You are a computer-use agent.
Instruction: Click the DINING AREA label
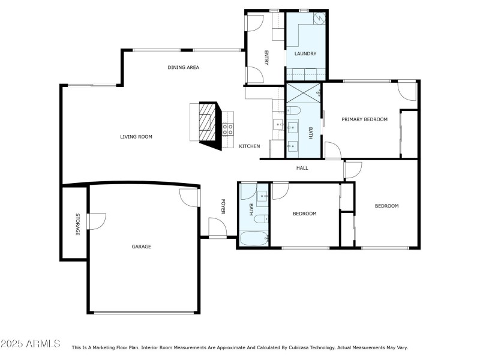tap(183, 67)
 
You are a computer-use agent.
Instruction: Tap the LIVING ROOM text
tap(136, 137)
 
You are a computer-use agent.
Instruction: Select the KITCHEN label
tap(250, 146)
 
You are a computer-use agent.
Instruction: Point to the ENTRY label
tap(266, 57)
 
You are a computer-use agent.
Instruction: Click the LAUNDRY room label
tap(305, 54)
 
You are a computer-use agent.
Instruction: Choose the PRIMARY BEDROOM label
tap(364, 119)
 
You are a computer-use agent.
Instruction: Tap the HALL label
tap(302, 168)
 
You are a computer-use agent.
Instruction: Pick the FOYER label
tap(223, 207)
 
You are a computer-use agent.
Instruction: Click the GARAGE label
tap(142, 247)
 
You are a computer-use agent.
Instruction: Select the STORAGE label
tap(77, 224)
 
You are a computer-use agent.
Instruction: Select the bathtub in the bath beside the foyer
tap(254, 239)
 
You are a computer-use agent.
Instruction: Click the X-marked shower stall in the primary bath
tap(304, 94)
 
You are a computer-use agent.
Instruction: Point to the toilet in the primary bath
tap(293, 110)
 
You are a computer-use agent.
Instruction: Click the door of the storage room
tap(95, 221)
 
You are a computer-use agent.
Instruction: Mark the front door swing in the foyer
tap(217, 227)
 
